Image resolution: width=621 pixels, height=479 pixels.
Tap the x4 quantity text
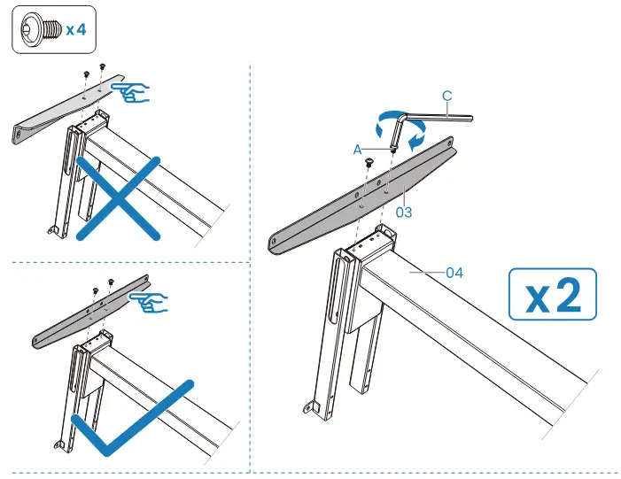click(74, 28)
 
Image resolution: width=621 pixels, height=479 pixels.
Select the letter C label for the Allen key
click(448, 94)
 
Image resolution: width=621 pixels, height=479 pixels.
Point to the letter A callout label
click(357, 151)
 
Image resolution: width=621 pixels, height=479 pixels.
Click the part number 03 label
click(405, 212)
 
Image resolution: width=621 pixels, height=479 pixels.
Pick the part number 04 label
click(454, 273)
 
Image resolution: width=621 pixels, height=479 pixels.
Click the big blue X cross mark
click(118, 197)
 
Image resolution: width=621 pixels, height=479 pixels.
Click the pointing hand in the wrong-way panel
click(135, 91)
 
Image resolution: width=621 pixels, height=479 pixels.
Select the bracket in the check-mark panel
click(89, 314)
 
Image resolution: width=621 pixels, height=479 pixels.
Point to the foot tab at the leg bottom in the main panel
click(313, 407)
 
